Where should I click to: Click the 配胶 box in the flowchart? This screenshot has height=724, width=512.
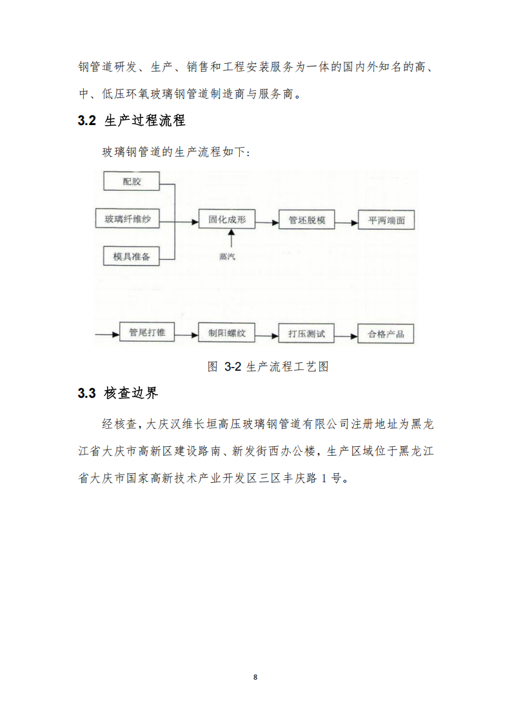click(x=131, y=181)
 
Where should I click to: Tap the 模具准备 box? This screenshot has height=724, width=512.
click(x=131, y=257)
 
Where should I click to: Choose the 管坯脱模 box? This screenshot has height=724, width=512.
click(x=307, y=220)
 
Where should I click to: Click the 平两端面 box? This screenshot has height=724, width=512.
click(x=386, y=220)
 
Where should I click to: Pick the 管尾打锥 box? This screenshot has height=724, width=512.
click(x=147, y=333)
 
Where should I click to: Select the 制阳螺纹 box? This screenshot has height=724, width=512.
click(x=227, y=334)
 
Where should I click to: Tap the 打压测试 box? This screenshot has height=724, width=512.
click(x=306, y=335)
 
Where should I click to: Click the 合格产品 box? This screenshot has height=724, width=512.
click(x=386, y=335)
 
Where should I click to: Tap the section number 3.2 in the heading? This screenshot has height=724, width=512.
click(x=86, y=121)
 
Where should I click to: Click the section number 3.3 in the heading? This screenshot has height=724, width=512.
click(x=86, y=393)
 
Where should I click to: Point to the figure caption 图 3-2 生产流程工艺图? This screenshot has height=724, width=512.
click(x=268, y=367)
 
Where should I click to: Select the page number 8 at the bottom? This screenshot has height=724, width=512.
click(x=255, y=677)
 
